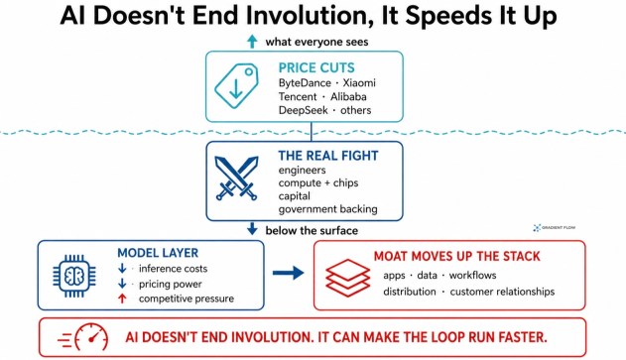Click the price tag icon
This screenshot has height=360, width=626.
click(236, 85)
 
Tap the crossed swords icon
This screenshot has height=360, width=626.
click(236, 178)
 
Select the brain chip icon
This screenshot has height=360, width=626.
click(74, 276)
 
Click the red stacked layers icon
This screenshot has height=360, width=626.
click(348, 278)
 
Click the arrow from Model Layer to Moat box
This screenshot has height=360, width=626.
click(289, 273)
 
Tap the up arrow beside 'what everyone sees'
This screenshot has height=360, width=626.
click(252, 42)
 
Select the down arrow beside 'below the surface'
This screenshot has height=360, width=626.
click(252, 229)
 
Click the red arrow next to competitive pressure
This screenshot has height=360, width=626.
click(122, 299)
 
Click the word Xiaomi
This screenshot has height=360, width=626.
click(359, 83)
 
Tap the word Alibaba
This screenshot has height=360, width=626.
click(348, 96)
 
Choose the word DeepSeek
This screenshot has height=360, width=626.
click(303, 110)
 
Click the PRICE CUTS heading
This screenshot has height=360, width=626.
click(316, 67)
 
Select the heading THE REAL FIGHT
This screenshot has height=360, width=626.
click(328, 156)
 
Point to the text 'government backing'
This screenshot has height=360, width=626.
click(327, 209)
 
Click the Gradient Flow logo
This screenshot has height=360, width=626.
click(555, 227)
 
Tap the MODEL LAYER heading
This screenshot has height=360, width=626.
click(158, 253)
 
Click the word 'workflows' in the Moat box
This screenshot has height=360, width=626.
click(472, 275)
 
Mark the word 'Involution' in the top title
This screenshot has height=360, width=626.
click(309, 16)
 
